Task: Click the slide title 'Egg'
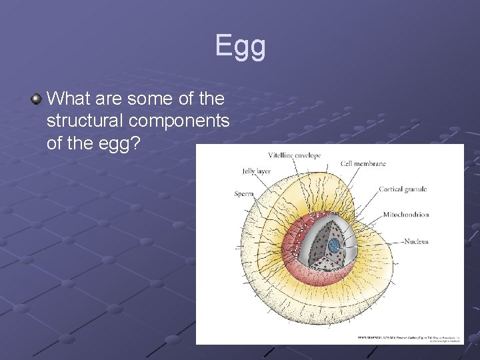pyautogui.click(x=240, y=47)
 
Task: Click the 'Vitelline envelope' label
pyautogui.click(x=294, y=155)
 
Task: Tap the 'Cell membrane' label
pyautogui.click(x=363, y=164)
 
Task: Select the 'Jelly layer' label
pyautogui.click(x=256, y=171)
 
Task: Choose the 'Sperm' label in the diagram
pyautogui.click(x=243, y=194)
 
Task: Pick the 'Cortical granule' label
pyautogui.click(x=403, y=189)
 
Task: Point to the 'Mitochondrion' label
pyautogui.click(x=405, y=215)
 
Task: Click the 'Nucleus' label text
pyautogui.click(x=416, y=241)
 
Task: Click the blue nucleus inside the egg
pyautogui.click(x=333, y=245)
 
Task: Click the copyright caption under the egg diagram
pyautogui.click(x=407, y=339)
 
